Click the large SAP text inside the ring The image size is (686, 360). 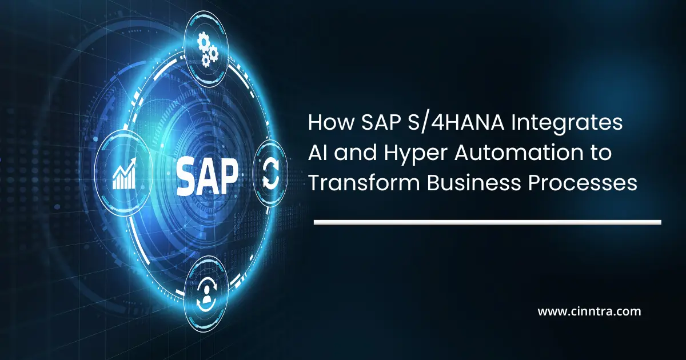click(207, 175)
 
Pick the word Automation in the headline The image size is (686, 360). click(505, 154)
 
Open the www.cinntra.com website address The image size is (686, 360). click(589, 312)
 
